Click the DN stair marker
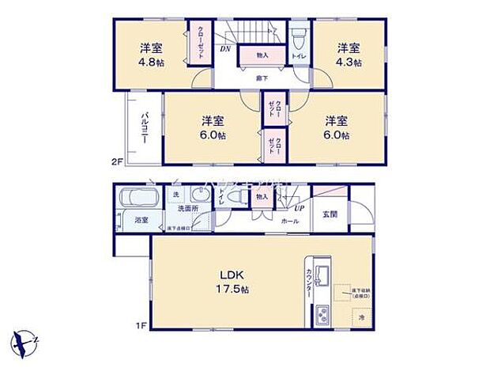pos(225,51)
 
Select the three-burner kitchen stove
pos(323,314)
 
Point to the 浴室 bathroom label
pos(142,219)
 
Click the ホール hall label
pos(290,222)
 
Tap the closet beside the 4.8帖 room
pos(194,43)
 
